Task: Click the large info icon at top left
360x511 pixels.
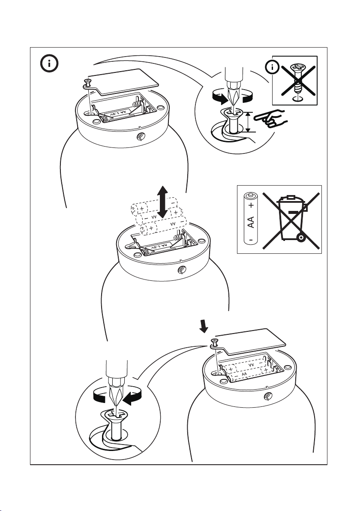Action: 50,64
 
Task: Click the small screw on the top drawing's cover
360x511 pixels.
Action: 88,81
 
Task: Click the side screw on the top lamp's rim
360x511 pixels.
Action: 140,137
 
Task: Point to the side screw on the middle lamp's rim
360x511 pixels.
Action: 182,271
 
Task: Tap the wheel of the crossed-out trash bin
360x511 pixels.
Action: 302,237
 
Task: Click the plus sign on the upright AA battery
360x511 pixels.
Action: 251,205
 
